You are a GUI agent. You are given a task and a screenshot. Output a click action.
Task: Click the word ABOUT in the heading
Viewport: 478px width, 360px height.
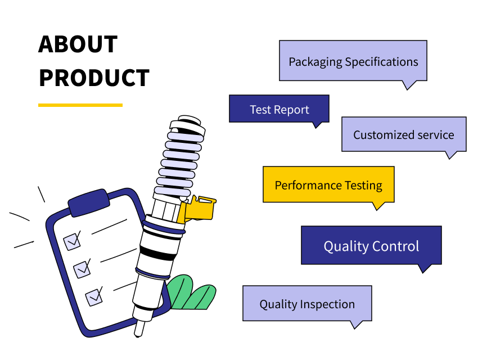click(78, 44)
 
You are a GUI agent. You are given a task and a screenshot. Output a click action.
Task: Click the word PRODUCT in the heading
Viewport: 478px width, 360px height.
click(94, 78)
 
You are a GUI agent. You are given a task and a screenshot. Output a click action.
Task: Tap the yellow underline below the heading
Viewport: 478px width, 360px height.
click(80, 105)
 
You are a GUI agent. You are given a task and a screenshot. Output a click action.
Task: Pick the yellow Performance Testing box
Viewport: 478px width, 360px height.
click(328, 184)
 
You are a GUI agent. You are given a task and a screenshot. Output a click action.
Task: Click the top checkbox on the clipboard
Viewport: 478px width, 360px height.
click(72, 241)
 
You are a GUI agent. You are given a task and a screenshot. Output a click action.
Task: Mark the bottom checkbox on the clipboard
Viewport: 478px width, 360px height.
click(94, 297)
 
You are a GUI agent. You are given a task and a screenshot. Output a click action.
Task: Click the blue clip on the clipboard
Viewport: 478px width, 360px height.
click(89, 202)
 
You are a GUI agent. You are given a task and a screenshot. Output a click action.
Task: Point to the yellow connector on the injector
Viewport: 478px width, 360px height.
click(197, 209)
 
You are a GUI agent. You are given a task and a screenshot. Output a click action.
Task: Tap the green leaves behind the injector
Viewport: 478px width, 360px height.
click(191, 293)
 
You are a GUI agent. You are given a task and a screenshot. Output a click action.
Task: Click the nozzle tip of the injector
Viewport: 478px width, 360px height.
click(139, 330)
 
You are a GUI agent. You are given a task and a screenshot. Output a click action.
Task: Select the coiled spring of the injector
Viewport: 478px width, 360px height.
click(179, 159)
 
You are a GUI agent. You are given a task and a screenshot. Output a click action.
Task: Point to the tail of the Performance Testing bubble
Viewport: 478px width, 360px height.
click(378, 206)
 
